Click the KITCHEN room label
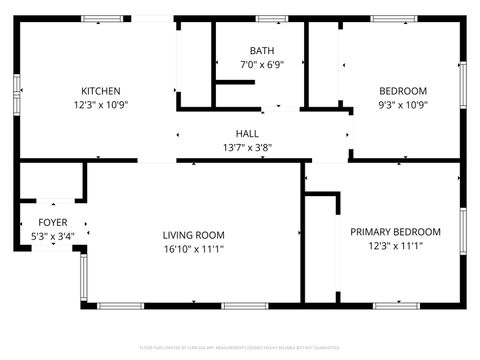click(x=100, y=90)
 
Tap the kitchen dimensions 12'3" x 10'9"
click(x=100, y=104)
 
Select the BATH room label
click(x=262, y=51)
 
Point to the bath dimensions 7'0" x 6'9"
click(x=262, y=65)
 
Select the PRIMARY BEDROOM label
click(x=395, y=231)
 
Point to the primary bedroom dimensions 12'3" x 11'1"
click(x=395, y=245)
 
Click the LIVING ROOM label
click(x=194, y=235)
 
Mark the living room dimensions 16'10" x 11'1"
click(x=194, y=249)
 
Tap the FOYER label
click(x=53, y=222)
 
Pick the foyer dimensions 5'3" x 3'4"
click(x=53, y=236)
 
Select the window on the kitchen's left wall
click(x=18, y=95)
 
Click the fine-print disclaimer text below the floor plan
click(x=241, y=347)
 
